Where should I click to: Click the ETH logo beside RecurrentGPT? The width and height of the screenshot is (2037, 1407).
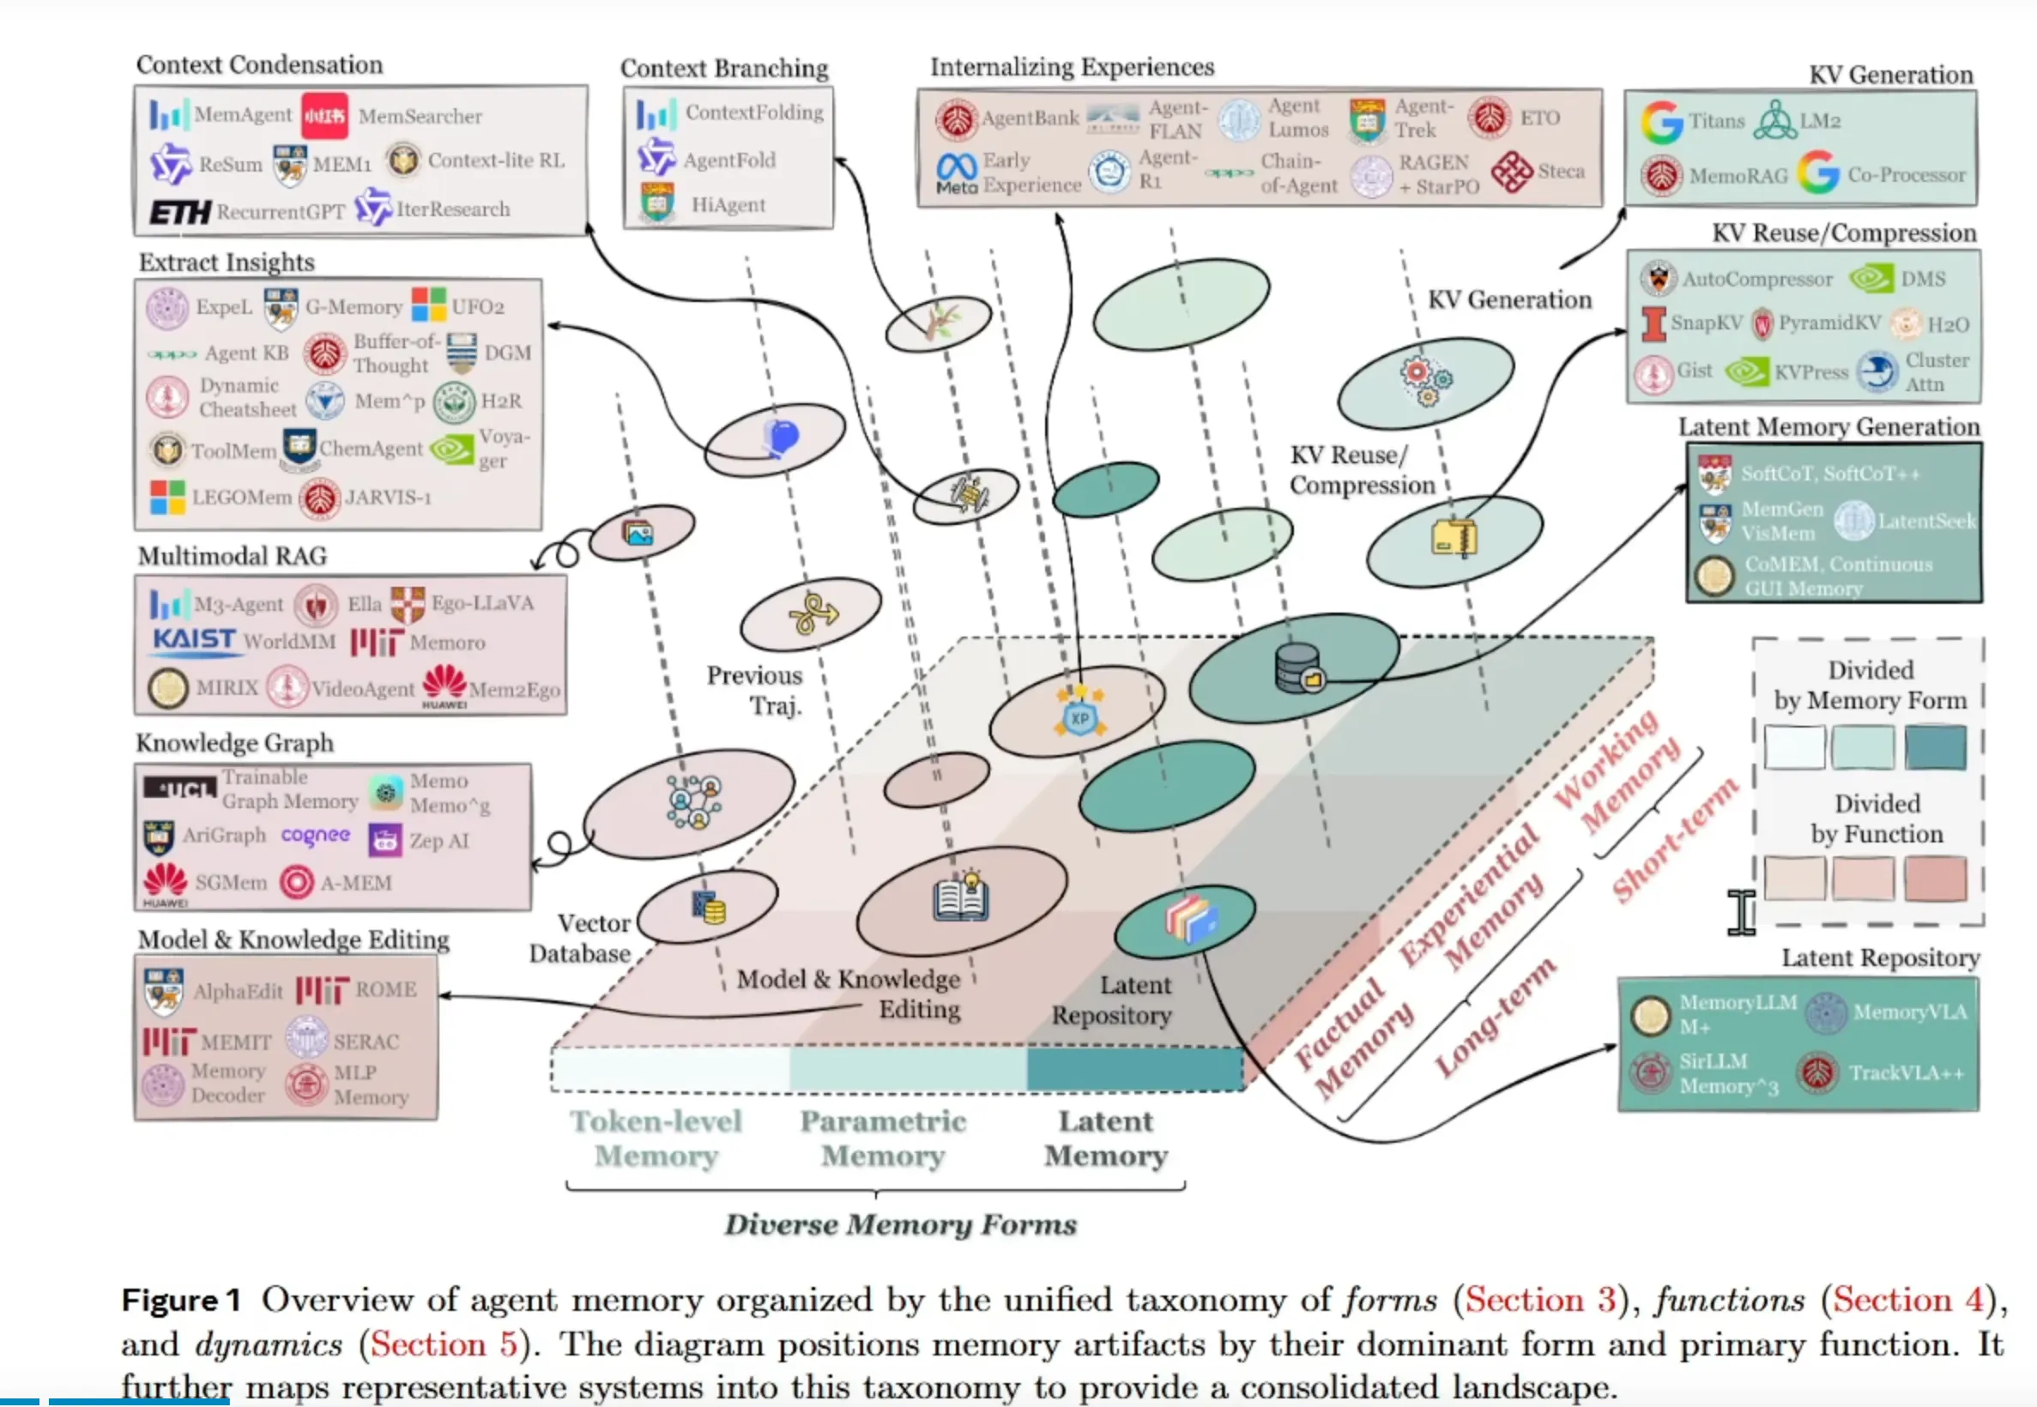(179, 212)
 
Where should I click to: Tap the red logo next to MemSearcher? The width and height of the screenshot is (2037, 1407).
(323, 116)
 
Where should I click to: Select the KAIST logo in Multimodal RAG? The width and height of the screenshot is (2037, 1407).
(194, 639)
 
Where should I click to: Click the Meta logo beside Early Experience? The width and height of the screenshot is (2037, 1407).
(957, 172)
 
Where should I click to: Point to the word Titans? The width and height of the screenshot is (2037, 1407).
(1716, 121)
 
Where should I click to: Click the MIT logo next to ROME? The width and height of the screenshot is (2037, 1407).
(322, 990)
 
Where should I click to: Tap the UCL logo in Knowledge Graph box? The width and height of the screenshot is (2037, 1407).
(180, 788)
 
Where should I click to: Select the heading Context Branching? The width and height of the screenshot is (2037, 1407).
(723, 68)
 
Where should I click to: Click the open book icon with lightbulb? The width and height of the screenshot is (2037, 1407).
(961, 896)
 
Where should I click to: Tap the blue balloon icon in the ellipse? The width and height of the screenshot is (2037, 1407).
(781, 437)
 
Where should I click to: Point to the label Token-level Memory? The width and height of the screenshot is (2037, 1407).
(656, 1138)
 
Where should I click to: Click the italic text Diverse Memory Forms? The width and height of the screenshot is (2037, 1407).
(900, 1224)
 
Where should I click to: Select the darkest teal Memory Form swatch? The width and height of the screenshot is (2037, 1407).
(1935, 746)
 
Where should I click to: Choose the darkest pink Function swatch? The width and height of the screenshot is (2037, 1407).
(1935, 878)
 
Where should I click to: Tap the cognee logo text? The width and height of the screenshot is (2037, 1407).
(316, 835)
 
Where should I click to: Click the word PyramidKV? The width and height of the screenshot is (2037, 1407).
(1829, 323)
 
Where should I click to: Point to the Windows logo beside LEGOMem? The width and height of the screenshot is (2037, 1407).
(166, 498)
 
